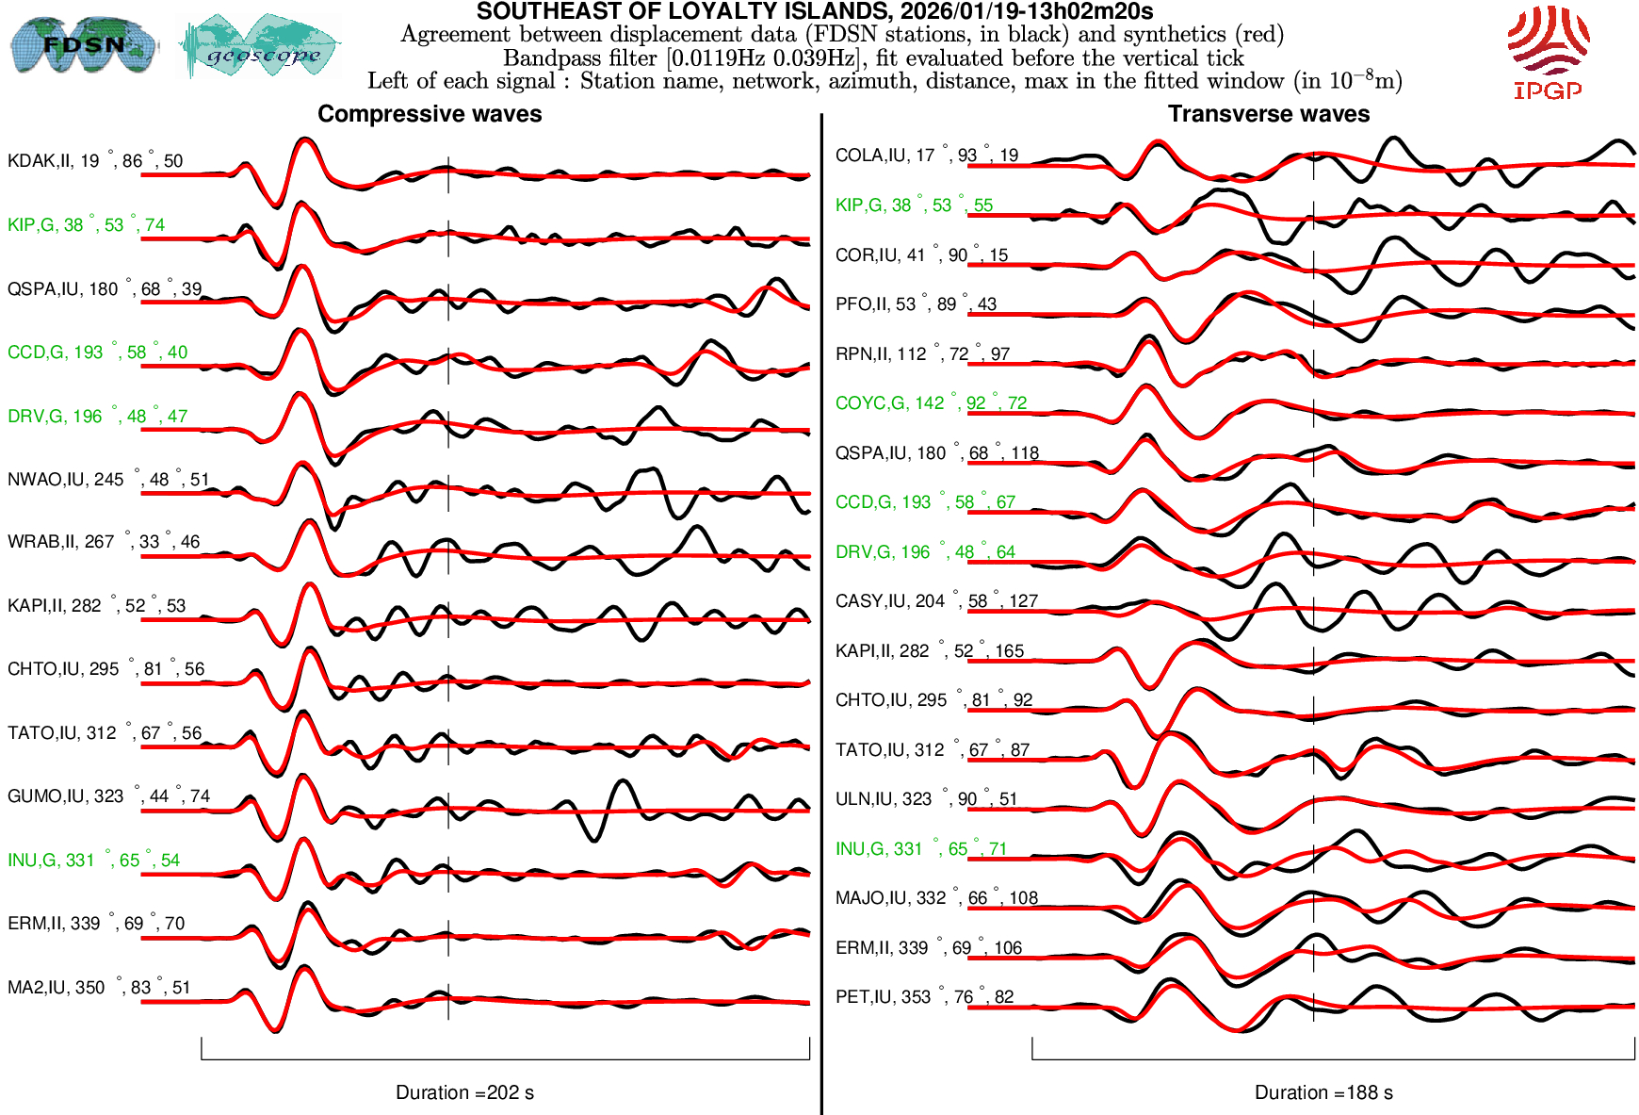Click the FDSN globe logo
click(x=83, y=44)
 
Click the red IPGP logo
click(x=1548, y=52)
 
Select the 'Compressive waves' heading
click(x=430, y=114)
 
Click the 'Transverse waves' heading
click(x=1269, y=114)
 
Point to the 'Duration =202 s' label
click(x=464, y=1092)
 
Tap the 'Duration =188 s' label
click(x=1323, y=1092)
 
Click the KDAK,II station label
click(x=95, y=160)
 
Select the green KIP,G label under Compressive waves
click(x=86, y=224)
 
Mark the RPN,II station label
click(x=922, y=354)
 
